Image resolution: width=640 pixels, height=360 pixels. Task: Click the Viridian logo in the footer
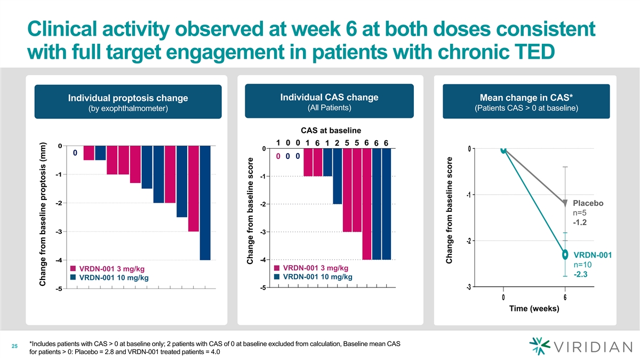tap(578, 347)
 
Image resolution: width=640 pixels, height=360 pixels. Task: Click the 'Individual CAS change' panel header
tap(329, 102)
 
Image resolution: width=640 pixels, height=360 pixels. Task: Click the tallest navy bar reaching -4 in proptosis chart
tap(205, 203)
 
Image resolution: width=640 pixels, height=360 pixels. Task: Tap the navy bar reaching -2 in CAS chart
tap(338, 176)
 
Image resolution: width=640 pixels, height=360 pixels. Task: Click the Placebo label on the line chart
tap(588, 203)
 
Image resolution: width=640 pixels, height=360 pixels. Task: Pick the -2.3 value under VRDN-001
tap(580, 275)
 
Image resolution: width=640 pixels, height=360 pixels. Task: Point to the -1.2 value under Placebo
tap(580, 222)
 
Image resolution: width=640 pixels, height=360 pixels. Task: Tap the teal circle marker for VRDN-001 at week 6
tap(565, 254)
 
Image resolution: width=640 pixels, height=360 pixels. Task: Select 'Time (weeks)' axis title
tap(533, 309)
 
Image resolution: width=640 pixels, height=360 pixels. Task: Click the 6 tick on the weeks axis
tap(565, 297)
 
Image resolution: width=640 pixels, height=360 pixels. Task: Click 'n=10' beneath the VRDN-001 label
tap(583, 265)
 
